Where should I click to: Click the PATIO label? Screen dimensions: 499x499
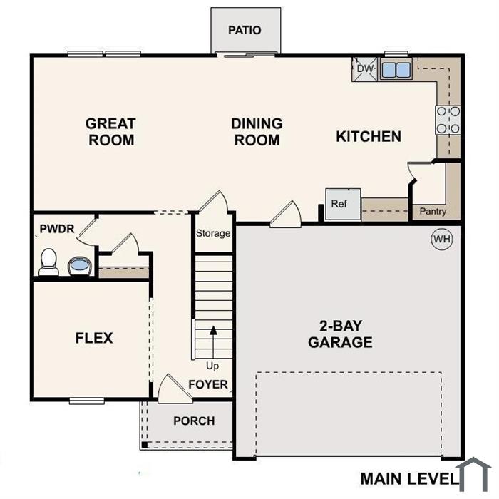pos(245,30)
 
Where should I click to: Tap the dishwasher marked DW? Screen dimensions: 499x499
pos(365,69)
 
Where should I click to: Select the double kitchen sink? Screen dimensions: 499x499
pos(396,69)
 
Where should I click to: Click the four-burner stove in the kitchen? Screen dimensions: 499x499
pos(448,120)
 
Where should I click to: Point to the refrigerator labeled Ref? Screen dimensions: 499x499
pos(343,204)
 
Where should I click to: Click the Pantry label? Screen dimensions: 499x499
pos(433,211)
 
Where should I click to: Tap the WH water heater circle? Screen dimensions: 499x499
pos(442,239)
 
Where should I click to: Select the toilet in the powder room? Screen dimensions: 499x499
pos(48,262)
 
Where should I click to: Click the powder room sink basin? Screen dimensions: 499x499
pos(80,266)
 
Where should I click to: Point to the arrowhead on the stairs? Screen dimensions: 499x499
pos(213,330)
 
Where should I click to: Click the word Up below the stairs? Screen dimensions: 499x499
pos(212,366)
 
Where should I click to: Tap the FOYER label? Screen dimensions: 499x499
pos(208,384)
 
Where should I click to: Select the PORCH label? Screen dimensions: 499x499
pos(194,421)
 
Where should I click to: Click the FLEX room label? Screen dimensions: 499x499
pos(94,338)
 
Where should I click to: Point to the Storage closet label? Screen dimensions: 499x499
pos(213,233)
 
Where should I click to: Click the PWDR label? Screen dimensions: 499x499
pos(57,229)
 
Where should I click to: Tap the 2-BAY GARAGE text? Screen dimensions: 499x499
pos(341,334)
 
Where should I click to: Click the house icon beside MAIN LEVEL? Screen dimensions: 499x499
pos(473,474)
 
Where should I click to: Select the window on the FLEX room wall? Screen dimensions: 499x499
pos(86,401)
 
